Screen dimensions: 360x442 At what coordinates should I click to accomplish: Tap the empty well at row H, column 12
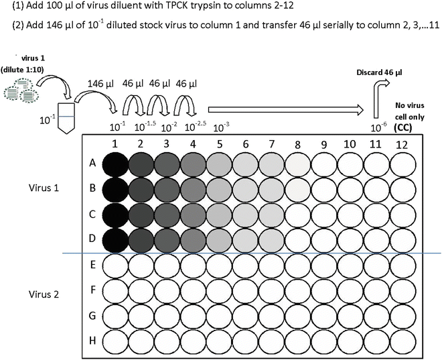[x=402, y=341]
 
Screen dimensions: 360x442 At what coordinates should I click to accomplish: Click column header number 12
[x=402, y=143]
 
